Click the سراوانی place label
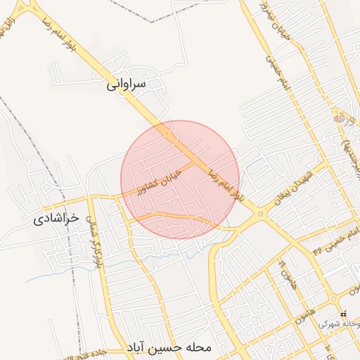pos(127,84)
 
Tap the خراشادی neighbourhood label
pos(63,219)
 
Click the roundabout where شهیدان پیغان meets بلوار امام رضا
pos(260,214)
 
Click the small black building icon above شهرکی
pos(343,314)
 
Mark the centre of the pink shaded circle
pos(179,179)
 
